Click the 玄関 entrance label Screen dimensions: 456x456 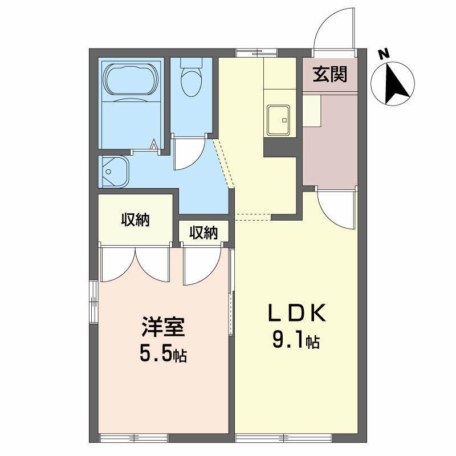pyautogui.click(x=329, y=75)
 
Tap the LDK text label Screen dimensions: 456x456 pyautogui.click(x=297, y=313)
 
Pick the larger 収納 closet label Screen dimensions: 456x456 pyautogui.click(x=135, y=220)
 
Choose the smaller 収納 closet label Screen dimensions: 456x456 pyautogui.click(x=203, y=233)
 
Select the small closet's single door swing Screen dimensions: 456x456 pyautogui.click(x=201, y=265)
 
